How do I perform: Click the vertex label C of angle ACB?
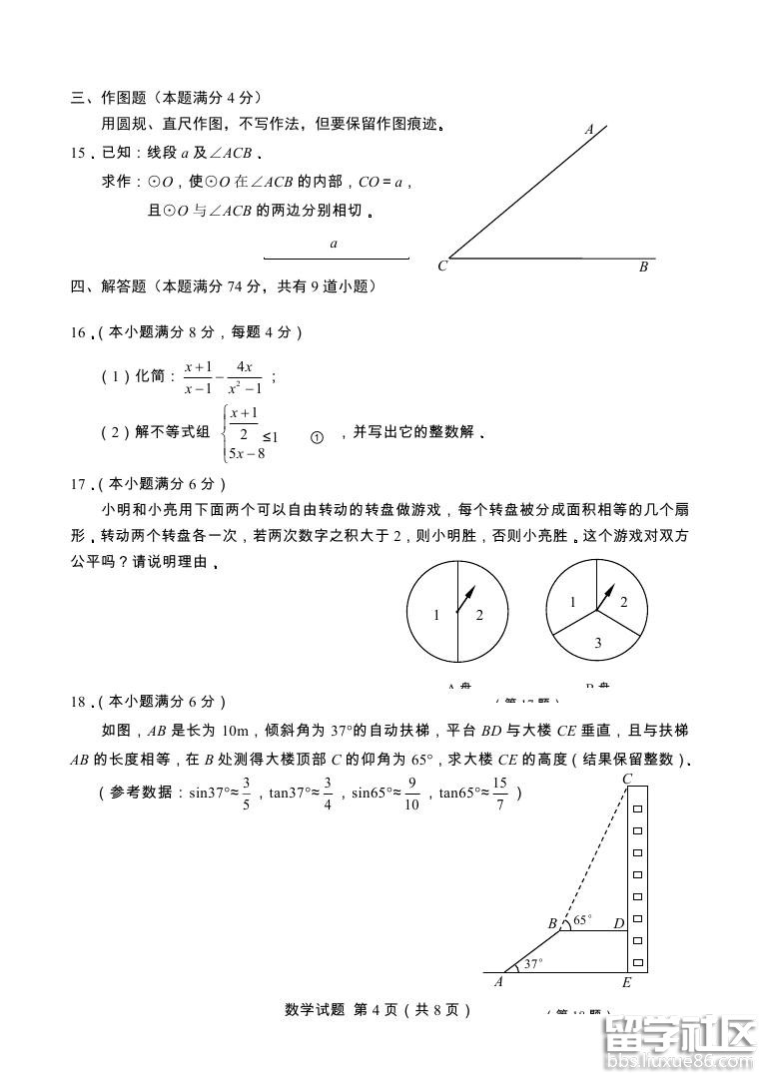[x=441, y=267]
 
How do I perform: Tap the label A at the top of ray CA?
[x=589, y=129]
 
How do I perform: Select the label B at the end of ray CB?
[x=644, y=267]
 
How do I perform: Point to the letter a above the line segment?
[x=334, y=244]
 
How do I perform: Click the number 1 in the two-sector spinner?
[x=436, y=616]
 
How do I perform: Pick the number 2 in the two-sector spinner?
[x=479, y=616]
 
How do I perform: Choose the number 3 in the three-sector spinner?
[x=597, y=644]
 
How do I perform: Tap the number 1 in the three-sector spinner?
[x=572, y=602]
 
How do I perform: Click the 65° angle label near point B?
[x=581, y=918]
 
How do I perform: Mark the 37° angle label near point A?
[x=534, y=963]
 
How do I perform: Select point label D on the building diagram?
[x=619, y=924]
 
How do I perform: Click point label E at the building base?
[x=626, y=982]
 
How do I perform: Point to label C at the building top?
[x=627, y=779]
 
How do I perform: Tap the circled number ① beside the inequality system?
[x=318, y=437]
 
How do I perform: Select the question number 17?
[x=79, y=484]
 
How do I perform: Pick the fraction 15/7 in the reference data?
[x=500, y=795]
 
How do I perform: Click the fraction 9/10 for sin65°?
[x=412, y=795]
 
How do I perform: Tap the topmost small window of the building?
[x=637, y=803]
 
